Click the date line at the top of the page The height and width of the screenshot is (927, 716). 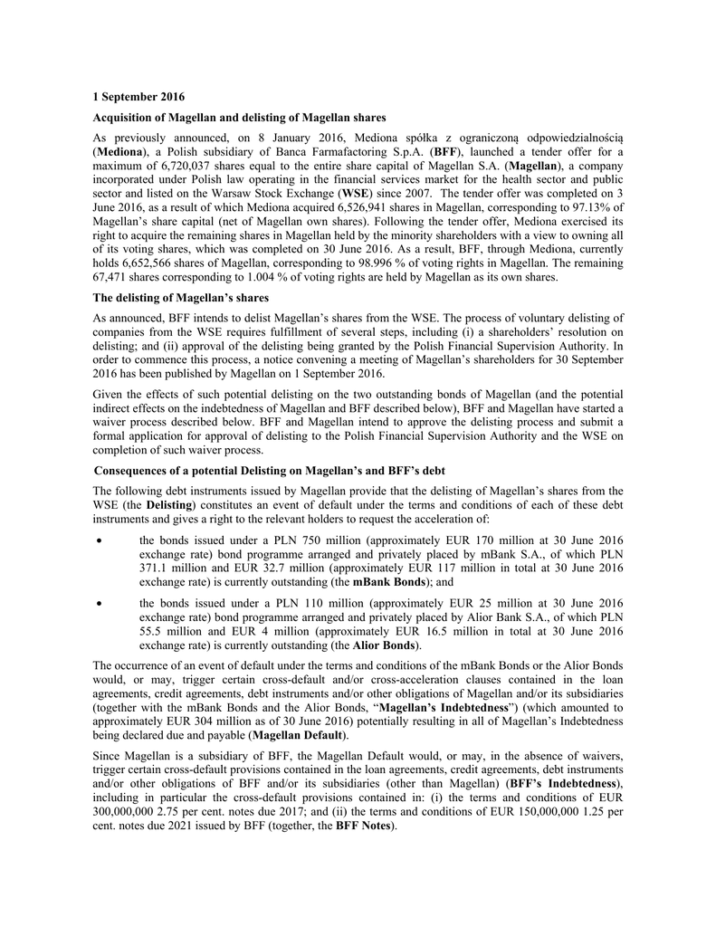click(139, 97)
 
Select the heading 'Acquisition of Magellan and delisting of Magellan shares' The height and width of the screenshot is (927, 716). click(240, 117)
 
